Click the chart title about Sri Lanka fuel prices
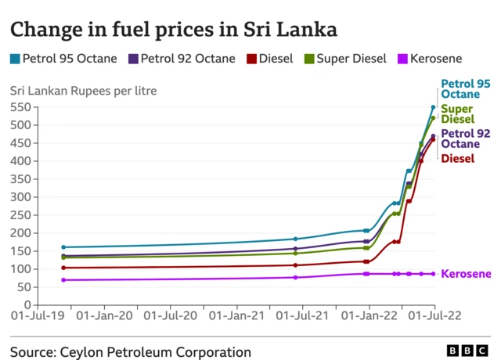pyautogui.click(x=174, y=31)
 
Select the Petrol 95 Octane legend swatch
pyautogui.click(x=14, y=59)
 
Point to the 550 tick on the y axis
pyautogui.click(x=20, y=107)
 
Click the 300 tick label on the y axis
pyautogui.click(x=20, y=197)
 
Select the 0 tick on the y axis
pyautogui.click(x=27, y=305)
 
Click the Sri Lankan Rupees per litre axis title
pyautogui.click(x=83, y=90)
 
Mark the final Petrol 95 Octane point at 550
pyautogui.click(x=433, y=107)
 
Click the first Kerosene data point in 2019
pyautogui.click(x=63, y=280)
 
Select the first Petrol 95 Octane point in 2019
pyautogui.click(x=63, y=247)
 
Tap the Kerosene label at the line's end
pyautogui.click(x=466, y=274)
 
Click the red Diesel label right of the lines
pyautogui.click(x=458, y=159)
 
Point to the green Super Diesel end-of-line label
pyautogui.click(x=457, y=114)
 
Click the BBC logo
pyautogui.click(x=467, y=351)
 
